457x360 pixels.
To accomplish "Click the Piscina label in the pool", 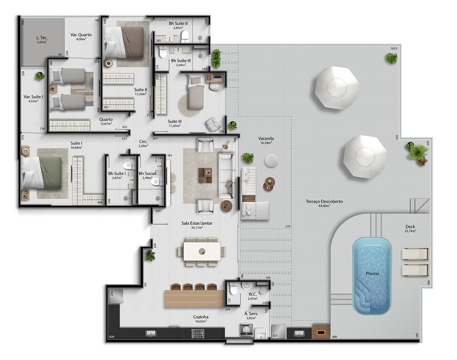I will tap(371, 273).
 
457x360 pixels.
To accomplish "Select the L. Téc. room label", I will tap(42, 39).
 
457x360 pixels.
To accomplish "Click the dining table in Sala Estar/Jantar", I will tap(202, 251).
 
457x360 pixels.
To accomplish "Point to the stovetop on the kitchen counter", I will tap(198, 334).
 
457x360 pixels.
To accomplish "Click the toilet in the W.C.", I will tap(233, 290).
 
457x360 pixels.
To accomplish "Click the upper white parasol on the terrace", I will tap(337, 88).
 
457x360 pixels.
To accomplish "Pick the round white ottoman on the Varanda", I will tap(271, 161).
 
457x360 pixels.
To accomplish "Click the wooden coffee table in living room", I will tap(206, 175).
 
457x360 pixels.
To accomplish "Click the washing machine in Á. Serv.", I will tap(246, 329).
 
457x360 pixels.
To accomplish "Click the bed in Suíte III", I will tap(195, 92).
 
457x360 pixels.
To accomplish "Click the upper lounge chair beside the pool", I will tap(415, 254).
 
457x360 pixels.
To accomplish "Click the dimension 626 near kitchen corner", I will tap(112, 337).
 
